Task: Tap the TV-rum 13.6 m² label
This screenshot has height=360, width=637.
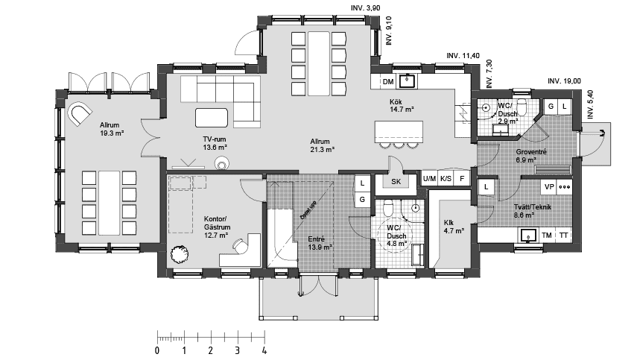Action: tap(215, 144)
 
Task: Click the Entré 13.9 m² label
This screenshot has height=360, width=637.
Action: tap(320, 243)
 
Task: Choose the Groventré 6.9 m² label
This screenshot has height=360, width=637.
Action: tap(532, 156)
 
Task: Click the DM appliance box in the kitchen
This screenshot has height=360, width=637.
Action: tap(387, 81)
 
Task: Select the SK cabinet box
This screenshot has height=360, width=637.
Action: tap(396, 181)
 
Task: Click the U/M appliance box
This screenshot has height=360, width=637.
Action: tap(430, 179)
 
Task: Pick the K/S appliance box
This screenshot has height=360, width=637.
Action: tap(446, 179)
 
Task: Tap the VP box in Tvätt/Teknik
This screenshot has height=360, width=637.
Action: tap(549, 187)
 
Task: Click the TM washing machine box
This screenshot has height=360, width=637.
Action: tap(547, 236)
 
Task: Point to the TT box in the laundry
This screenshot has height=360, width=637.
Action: tap(564, 236)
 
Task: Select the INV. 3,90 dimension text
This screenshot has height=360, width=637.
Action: tap(366, 7)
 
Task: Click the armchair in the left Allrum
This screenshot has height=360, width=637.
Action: tap(78, 114)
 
